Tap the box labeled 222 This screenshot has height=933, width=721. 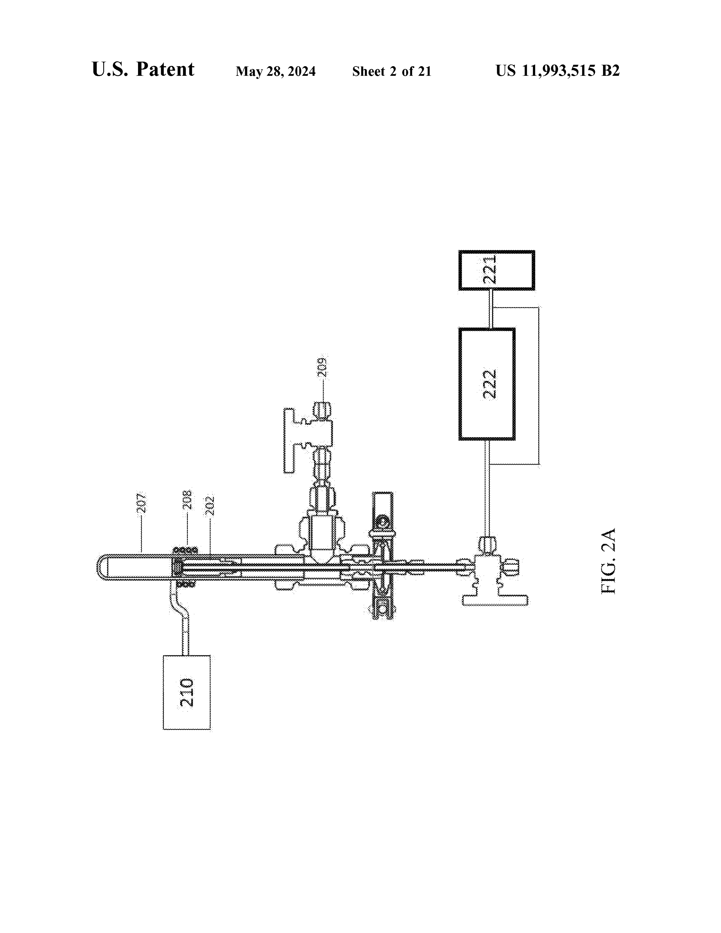pos(487,384)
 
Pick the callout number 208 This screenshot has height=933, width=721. pos(187,499)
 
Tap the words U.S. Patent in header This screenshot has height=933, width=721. pos(143,69)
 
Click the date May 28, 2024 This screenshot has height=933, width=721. pos(275,71)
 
